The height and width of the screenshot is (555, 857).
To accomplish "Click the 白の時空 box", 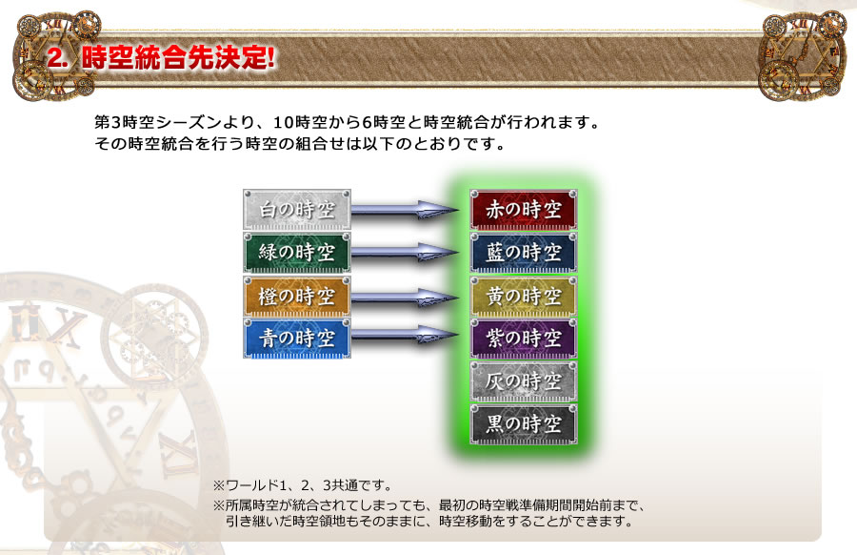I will (x=297, y=209).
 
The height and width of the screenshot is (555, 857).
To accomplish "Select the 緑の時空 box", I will (x=297, y=252).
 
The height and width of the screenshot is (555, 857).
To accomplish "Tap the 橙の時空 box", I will (x=297, y=295).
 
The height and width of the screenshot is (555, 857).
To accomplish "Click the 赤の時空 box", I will (x=523, y=209).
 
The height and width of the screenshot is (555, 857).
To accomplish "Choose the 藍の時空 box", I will (x=523, y=252).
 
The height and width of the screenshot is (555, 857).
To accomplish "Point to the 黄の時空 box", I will (x=523, y=295).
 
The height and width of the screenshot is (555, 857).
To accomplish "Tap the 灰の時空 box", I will (x=523, y=380).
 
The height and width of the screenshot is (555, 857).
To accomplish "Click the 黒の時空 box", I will (x=523, y=422).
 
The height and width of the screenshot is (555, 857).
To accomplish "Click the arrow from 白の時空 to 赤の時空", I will (x=405, y=210).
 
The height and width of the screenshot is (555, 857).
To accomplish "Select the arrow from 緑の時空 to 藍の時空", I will (x=405, y=253).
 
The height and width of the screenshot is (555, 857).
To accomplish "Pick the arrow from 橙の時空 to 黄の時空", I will (x=405, y=296).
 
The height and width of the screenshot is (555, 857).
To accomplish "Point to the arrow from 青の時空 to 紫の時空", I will (x=405, y=335).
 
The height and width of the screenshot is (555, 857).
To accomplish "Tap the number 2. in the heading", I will (x=59, y=57).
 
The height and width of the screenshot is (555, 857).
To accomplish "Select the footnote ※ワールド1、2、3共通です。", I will (x=302, y=484).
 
